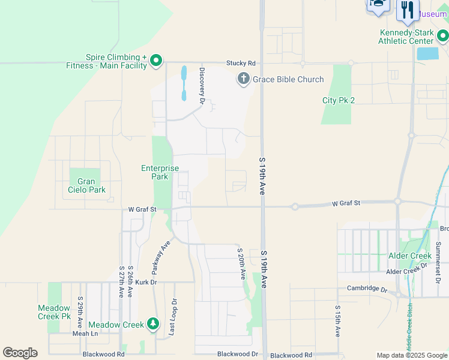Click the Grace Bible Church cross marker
coord(243,79)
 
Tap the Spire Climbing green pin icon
coord(155,60)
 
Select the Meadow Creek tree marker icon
coord(153,325)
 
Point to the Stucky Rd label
coord(241,63)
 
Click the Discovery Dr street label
coord(202,86)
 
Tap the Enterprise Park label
coord(160,172)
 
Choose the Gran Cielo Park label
coord(86,185)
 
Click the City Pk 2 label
coord(339,100)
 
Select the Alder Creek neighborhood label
coord(410,256)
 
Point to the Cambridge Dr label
coord(367,288)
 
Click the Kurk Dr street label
coord(145,281)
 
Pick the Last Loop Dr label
coord(174,317)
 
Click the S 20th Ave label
coord(241,263)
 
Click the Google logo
coord(20,353)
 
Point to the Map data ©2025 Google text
coord(412,355)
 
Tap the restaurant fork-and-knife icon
coord(407,9)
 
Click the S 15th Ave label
coord(337,321)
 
